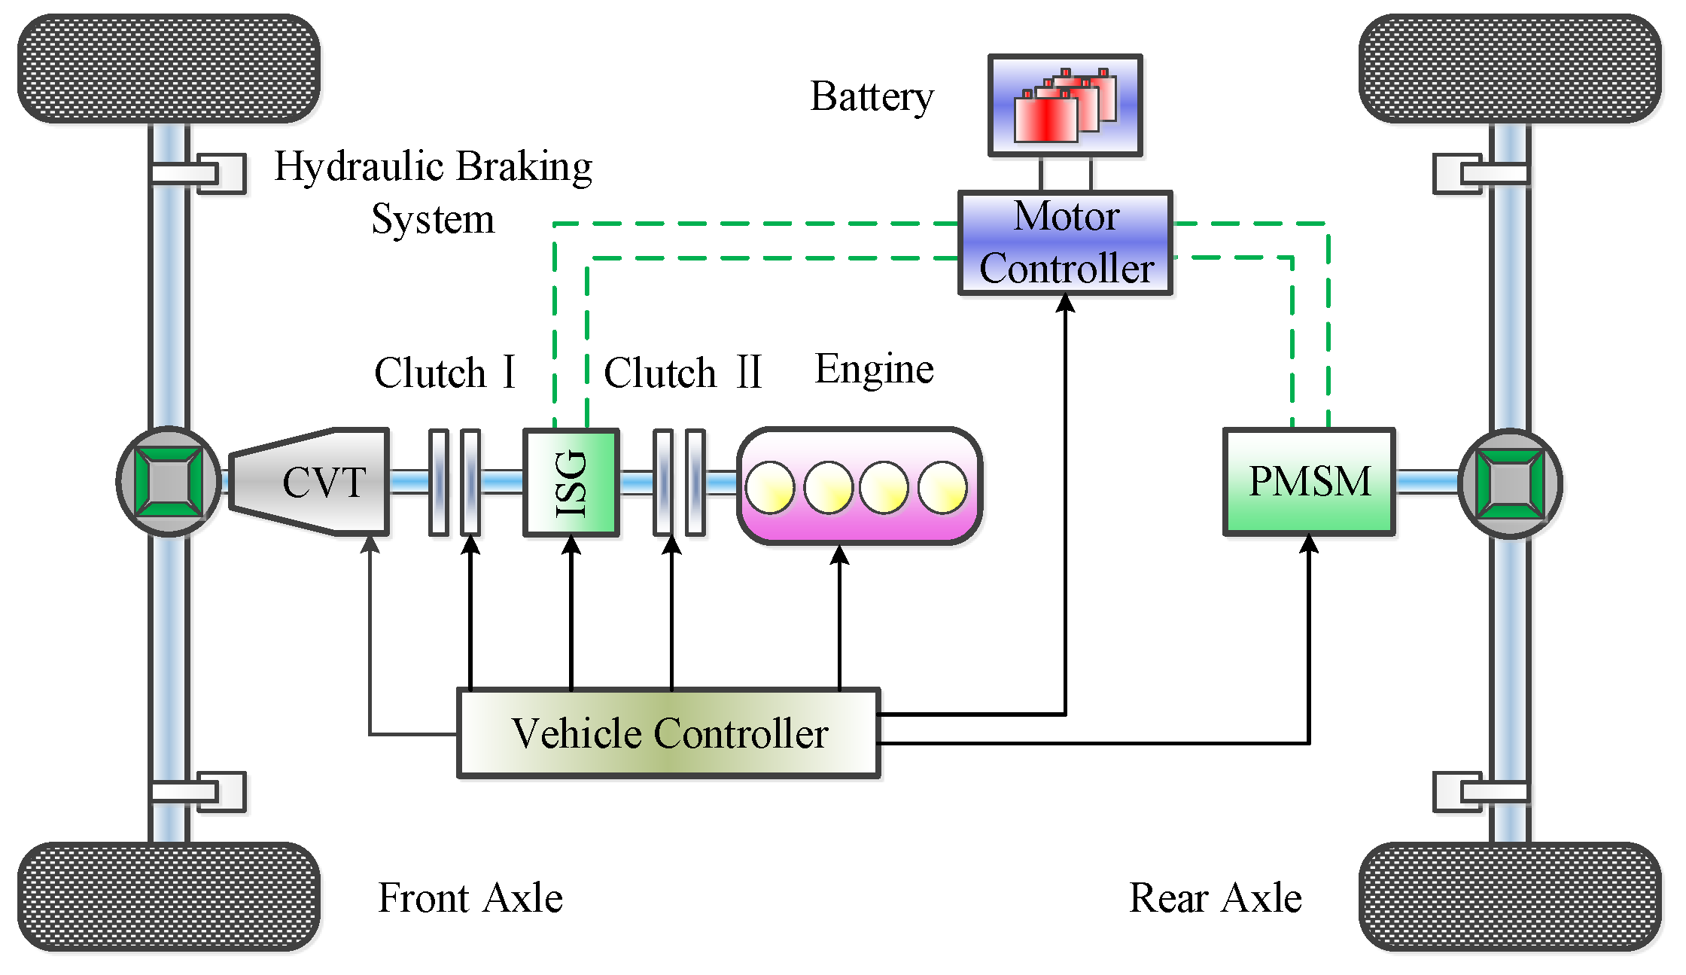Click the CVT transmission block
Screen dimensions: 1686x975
309,482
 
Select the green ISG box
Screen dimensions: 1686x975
571,482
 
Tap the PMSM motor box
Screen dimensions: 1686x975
1310,482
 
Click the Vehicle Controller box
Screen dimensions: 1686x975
669,733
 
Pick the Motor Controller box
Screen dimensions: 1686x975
1065,242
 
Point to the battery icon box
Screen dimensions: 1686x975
1065,105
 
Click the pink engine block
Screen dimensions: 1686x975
860,486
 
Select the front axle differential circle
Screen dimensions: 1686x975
169,482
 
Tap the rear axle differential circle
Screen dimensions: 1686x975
1510,483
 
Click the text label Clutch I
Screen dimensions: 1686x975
445,372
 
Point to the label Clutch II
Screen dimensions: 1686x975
683,372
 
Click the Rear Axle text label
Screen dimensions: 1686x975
1216,897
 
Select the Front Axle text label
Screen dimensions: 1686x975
470,897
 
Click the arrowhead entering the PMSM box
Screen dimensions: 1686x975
1310,543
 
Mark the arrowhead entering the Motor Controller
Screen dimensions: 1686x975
1065,303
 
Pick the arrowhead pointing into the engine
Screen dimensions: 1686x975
840,555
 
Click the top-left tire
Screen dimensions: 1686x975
169,68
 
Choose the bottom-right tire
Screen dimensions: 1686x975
1510,897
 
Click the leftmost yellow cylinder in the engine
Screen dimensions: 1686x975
770,488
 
